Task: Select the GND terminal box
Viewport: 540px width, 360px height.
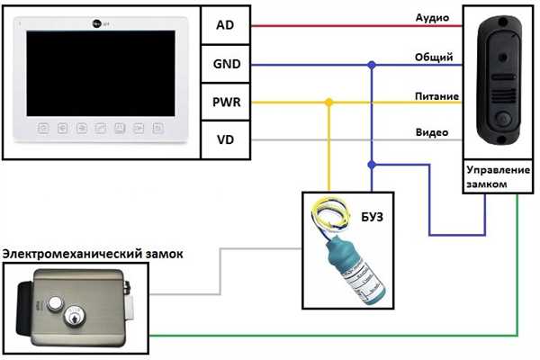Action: (x=225, y=64)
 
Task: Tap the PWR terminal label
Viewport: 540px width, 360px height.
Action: (x=225, y=103)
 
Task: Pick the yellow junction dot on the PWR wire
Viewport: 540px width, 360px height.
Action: (x=328, y=103)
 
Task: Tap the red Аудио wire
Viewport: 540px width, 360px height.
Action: (x=351, y=25)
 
